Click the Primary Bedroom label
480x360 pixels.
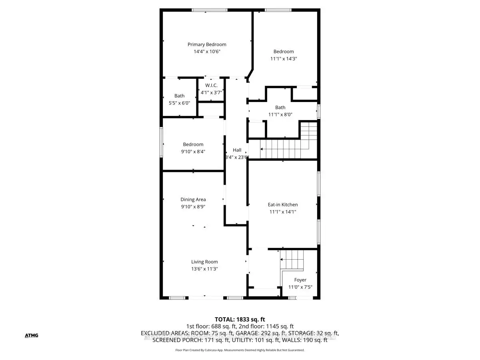pyautogui.click(x=207, y=44)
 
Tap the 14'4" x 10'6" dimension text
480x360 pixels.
pyautogui.click(x=207, y=52)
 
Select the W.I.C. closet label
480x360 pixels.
pyautogui.click(x=212, y=86)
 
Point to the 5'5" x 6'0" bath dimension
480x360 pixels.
pyautogui.click(x=179, y=103)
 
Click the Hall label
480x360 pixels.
pyautogui.click(x=237, y=150)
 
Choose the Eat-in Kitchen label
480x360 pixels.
pyautogui.click(x=283, y=205)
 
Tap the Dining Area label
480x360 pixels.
pyautogui.click(x=193, y=200)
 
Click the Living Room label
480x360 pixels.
pyautogui.click(x=204, y=262)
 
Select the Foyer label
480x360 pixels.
pyautogui.click(x=300, y=280)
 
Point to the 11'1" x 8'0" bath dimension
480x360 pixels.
pyautogui.click(x=280, y=114)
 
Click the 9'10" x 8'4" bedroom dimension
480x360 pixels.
pyautogui.click(x=193, y=151)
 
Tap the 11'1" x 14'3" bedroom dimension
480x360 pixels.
pyautogui.click(x=284, y=58)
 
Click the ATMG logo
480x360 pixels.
pyautogui.click(x=31, y=335)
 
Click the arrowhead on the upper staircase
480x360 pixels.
pyautogui.click(x=262, y=148)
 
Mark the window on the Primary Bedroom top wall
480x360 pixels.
pyautogui.click(x=209, y=10)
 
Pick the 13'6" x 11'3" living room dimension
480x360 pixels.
pyautogui.click(x=204, y=269)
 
